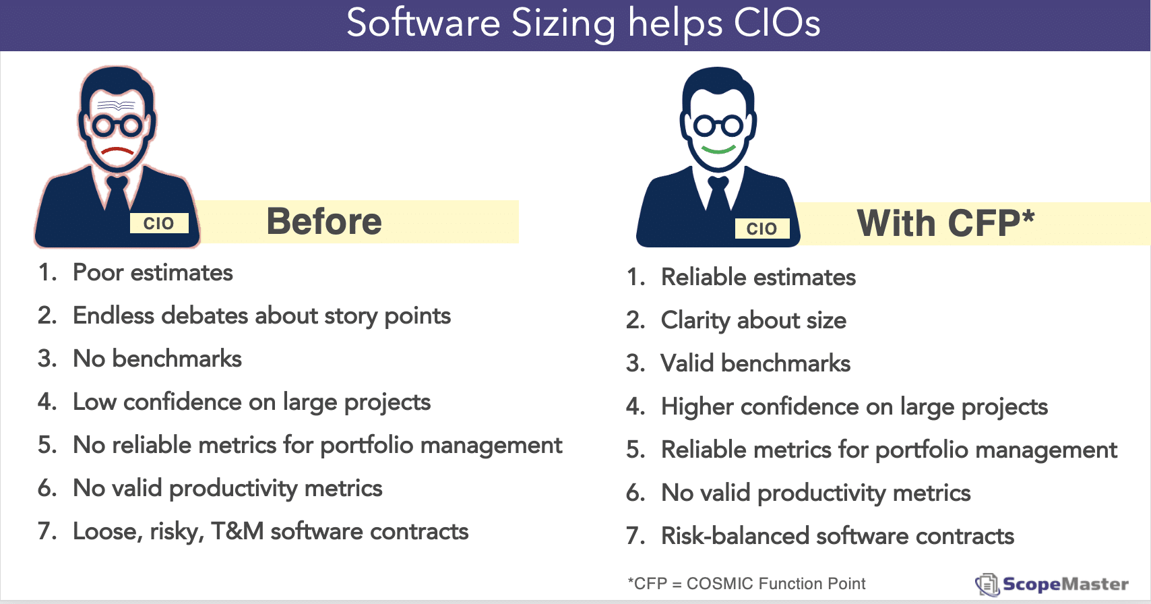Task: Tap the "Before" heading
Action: coord(324,222)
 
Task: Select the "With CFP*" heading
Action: coord(945,223)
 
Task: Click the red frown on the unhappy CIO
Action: coord(117,150)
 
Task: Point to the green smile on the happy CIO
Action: coord(718,150)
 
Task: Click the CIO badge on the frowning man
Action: coord(159,223)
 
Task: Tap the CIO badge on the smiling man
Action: coord(761,229)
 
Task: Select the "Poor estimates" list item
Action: coord(152,272)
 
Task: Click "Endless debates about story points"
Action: coord(261,315)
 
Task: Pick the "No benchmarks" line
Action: coord(157,358)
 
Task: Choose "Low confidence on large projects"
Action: coord(252,402)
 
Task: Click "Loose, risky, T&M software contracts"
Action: coord(271,531)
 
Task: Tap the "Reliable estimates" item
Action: coord(758,277)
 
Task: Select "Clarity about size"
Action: coord(754,320)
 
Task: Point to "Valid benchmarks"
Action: coord(756,363)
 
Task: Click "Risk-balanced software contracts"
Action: coord(838,536)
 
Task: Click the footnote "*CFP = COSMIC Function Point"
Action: coord(747,583)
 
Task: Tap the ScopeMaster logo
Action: coord(1052,584)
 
